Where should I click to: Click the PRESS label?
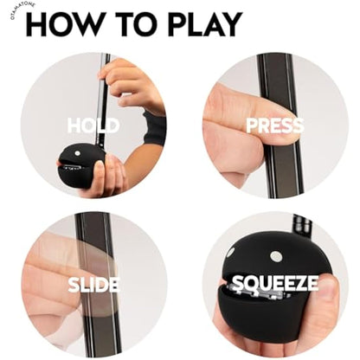click(274, 126)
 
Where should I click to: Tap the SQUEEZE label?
click(274, 283)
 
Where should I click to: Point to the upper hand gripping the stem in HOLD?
click(134, 82)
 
